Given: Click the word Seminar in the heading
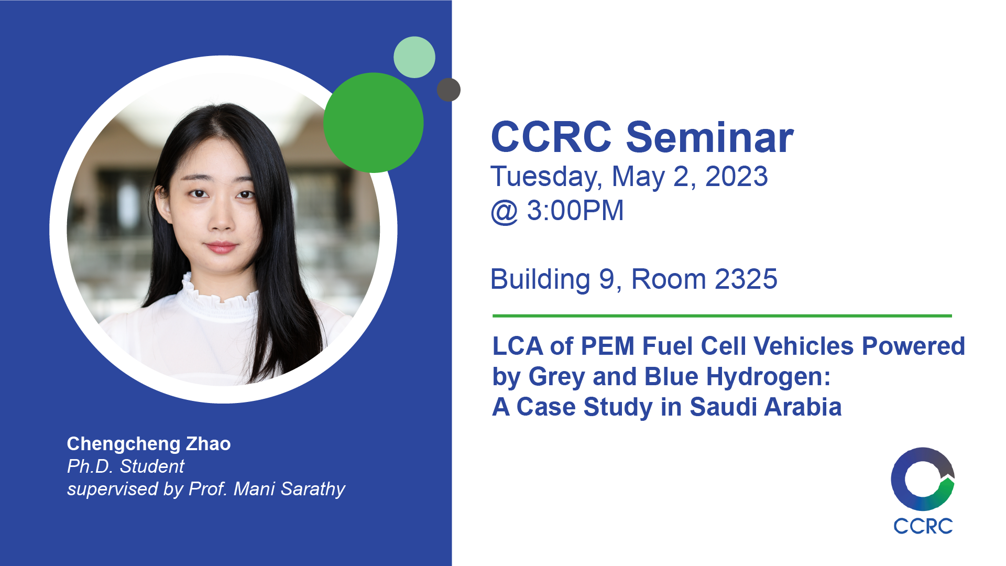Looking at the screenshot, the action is click(710, 137).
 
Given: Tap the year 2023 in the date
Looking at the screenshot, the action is click(737, 176).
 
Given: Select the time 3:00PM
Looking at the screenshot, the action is click(575, 210).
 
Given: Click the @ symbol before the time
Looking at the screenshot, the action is click(505, 212).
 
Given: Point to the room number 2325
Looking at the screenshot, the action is click(746, 279).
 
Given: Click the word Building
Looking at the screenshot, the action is click(540, 279).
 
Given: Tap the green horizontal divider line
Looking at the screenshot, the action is click(722, 316).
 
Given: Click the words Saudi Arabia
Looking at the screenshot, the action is click(766, 407).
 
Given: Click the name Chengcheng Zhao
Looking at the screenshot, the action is click(149, 444).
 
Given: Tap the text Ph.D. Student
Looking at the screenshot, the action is click(126, 466).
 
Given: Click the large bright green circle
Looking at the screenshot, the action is click(373, 123).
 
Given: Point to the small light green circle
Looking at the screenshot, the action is click(414, 57).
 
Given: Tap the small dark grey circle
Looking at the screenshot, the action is click(449, 90).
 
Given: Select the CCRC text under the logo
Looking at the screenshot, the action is click(923, 526).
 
